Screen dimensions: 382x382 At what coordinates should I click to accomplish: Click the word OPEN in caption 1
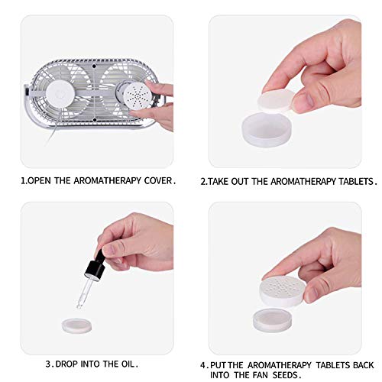pyautogui.click(x=41, y=181)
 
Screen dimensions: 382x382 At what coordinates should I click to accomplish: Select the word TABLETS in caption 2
pyautogui.click(x=354, y=181)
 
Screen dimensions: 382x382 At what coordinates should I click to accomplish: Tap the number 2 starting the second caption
pyautogui.click(x=203, y=181)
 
